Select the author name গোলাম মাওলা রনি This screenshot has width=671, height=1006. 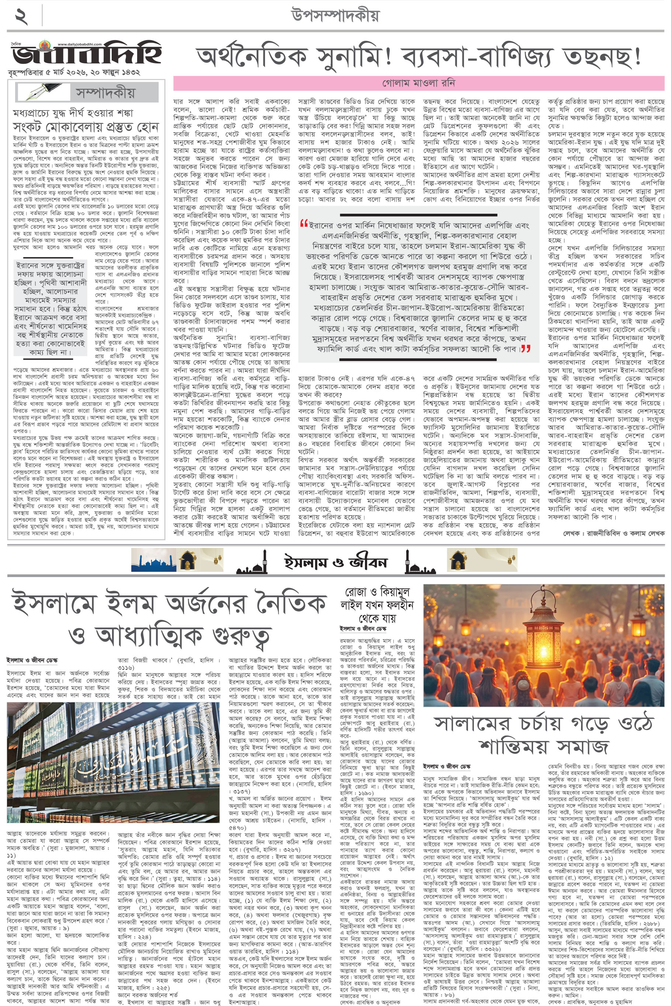click(418, 83)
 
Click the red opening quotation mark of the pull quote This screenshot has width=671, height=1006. click(304, 223)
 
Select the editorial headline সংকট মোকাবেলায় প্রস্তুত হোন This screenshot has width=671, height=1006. click(86, 127)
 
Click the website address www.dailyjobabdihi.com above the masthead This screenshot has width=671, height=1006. click(80, 44)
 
